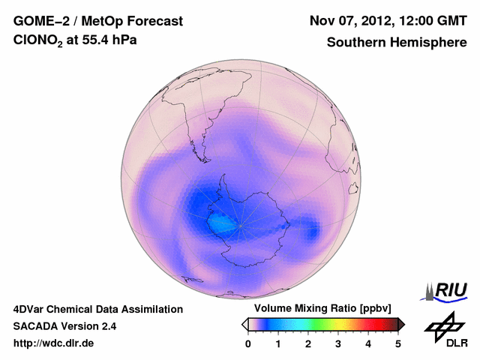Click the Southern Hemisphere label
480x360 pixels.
click(x=397, y=43)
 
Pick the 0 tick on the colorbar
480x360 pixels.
click(x=248, y=343)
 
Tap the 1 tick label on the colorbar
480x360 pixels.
click(x=278, y=343)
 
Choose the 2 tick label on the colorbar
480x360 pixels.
click(x=308, y=343)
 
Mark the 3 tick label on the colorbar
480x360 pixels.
click(x=338, y=343)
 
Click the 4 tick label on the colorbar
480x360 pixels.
click(x=368, y=343)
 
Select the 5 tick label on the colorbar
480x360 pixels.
click(x=398, y=343)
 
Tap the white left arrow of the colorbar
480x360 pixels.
click(x=244, y=324)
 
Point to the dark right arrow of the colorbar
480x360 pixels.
click(x=402, y=324)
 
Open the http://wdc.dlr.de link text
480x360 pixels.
click(x=54, y=343)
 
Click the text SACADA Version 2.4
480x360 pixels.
click(x=64, y=326)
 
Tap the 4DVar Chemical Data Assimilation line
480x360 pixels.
click(x=98, y=309)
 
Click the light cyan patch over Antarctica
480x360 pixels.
click(x=222, y=223)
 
